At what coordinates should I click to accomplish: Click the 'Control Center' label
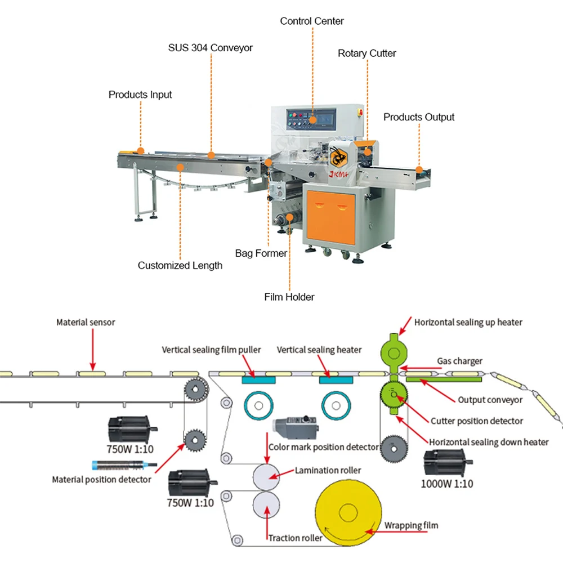click(312, 21)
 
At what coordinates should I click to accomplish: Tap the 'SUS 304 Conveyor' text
click(210, 48)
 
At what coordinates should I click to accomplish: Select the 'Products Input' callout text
click(140, 95)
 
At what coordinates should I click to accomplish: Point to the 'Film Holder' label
click(289, 297)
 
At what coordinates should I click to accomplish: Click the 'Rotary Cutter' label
click(367, 53)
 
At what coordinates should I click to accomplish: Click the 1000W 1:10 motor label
click(447, 484)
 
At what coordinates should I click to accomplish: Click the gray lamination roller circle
click(268, 477)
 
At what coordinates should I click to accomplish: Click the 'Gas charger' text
click(459, 361)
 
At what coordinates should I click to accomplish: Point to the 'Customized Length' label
click(180, 265)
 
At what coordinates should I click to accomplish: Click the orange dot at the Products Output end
click(419, 169)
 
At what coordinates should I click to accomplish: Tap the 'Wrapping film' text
click(411, 525)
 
